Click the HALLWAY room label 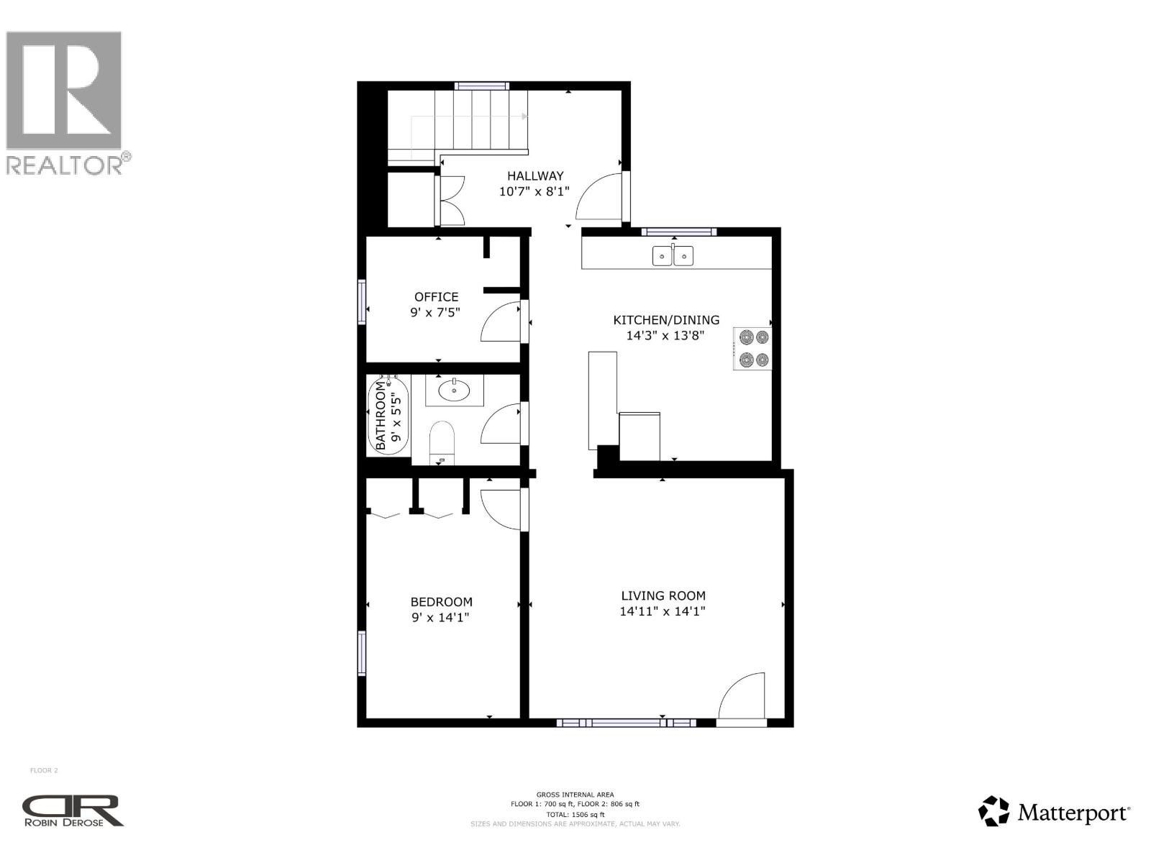click(535, 175)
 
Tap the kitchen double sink click(673, 255)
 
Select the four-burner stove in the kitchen click(752, 349)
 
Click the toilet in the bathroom click(442, 441)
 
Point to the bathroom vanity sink click(454, 391)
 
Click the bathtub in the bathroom click(388, 417)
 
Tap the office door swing click(501, 322)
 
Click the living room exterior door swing click(742, 696)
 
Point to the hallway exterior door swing click(599, 196)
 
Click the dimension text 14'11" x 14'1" click(663, 611)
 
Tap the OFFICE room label click(436, 296)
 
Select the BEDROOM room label click(441, 602)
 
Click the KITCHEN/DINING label click(665, 320)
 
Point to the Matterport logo click(1054, 812)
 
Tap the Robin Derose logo click(73, 811)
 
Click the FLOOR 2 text click(44, 770)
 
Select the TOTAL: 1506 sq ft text click(575, 814)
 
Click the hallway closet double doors click(451, 201)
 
